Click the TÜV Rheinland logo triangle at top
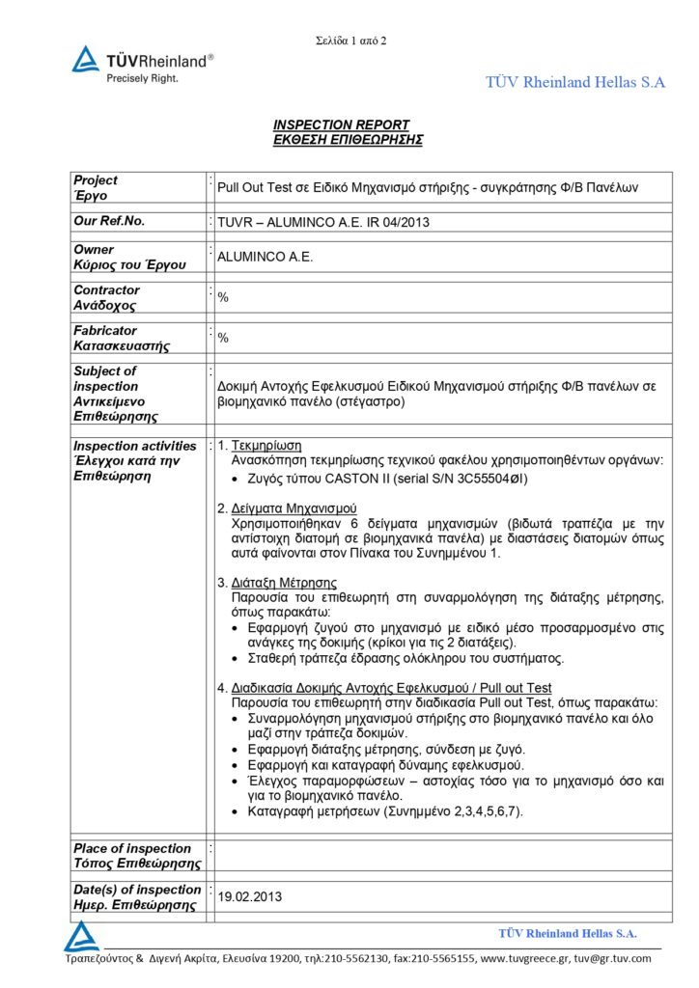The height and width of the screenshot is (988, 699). [x=86, y=60]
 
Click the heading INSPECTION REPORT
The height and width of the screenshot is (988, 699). [x=341, y=125]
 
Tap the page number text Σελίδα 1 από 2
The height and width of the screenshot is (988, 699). [x=351, y=41]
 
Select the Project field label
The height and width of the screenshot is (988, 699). [x=96, y=180]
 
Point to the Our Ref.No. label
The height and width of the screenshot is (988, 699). [x=109, y=221]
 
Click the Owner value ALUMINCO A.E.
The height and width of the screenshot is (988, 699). [x=266, y=258]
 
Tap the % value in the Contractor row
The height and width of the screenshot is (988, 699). [x=223, y=297]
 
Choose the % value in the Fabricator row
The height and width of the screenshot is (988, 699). [x=223, y=338]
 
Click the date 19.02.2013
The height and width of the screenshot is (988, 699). [x=250, y=896]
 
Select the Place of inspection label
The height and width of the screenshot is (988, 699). [x=132, y=849]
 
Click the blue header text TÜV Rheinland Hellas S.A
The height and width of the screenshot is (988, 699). [x=575, y=83]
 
